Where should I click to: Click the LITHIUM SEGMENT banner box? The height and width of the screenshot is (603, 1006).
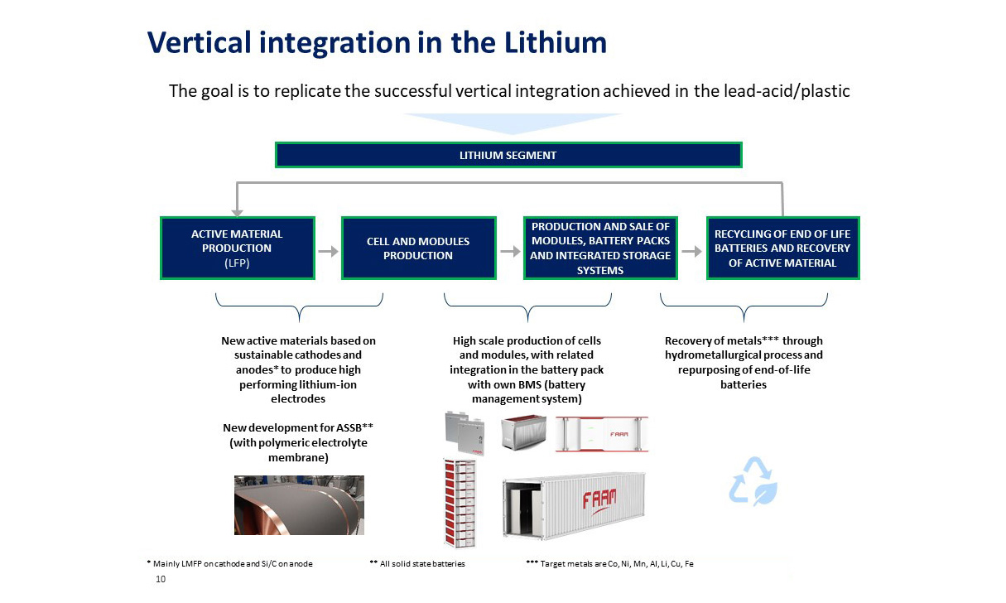(508, 155)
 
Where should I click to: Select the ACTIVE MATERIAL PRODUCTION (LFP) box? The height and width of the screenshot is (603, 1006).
(237, 248)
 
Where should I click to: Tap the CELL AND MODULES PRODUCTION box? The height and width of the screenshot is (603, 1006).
(419, 248)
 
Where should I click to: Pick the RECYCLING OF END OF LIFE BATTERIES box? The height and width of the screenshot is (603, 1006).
(782, 248)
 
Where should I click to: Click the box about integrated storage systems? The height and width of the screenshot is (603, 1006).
(600, 248)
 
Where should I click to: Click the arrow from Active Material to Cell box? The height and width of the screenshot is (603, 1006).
(329, 251)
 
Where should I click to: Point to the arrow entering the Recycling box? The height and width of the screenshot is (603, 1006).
(691, 251)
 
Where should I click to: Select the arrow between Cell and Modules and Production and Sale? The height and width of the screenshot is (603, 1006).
(510, 251)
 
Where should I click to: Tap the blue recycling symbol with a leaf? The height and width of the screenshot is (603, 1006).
(753, 481)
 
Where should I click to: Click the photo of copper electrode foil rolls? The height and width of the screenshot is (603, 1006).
(299, 505)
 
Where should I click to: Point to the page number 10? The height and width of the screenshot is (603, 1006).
(161, 579)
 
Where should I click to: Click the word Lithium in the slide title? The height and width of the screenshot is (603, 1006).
(556, 43)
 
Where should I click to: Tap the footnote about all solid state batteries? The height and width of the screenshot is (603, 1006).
(417, 563)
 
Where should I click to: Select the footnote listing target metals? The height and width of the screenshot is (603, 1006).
(610, 563)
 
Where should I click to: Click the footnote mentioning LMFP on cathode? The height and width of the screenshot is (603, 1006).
(229, 563)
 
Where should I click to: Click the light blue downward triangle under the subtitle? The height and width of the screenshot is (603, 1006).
(513, 123)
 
